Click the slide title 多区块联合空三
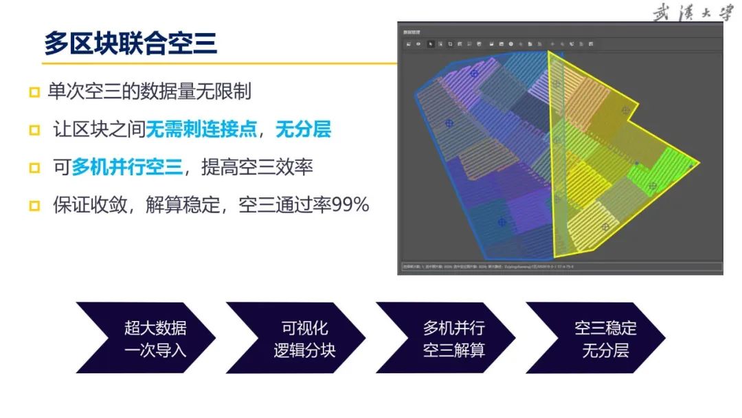pyautogui.click(x=130, y=43)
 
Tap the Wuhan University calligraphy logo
pyautogui.click(x=692, y=13)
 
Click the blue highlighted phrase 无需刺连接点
pyautogui.click(x=205, y=129)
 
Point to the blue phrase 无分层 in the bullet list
pyautogui.click(x=303, y=129)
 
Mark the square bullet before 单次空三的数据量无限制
pyautogui.click(x=34, y=92)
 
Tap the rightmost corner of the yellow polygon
pyautogui.click(x=699, y=164)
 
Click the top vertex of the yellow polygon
pyautogui.click(x=549, y=52)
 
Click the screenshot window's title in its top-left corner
pyautogui.click(x=412, y=32)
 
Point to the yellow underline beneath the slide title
pyautogui.click(x=206, y=63)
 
